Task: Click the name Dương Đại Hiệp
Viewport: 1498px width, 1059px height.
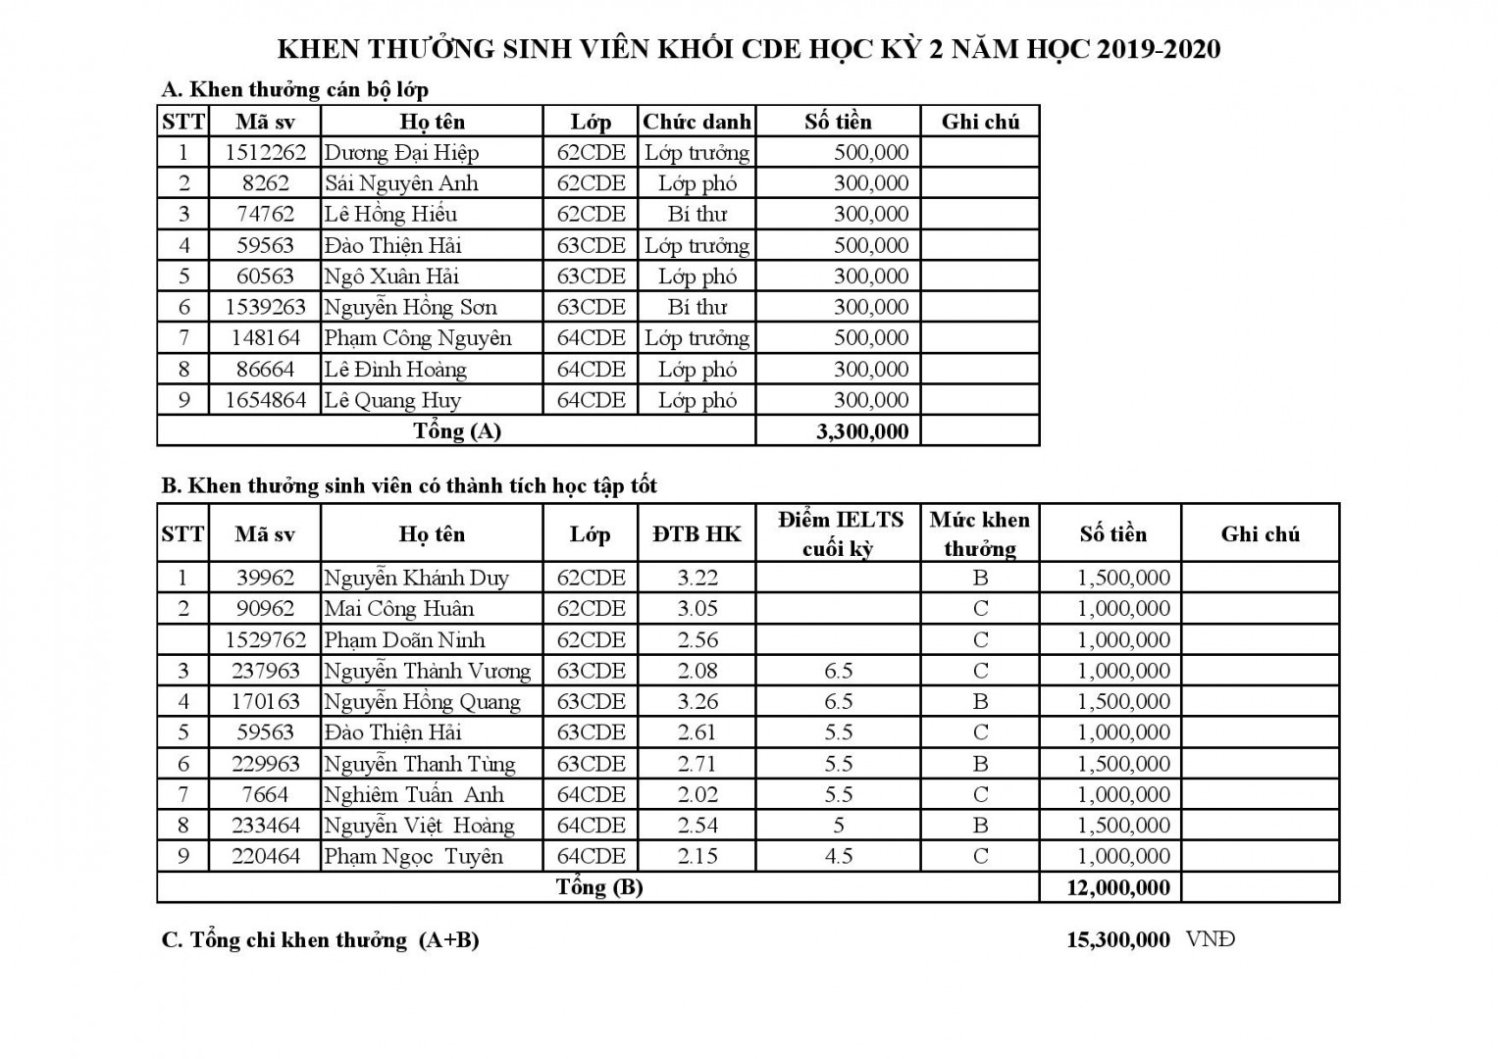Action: (x=401, y=153)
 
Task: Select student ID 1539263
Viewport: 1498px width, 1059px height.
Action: (x=265, y=307)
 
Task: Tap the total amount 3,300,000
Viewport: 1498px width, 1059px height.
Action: (x=862, y=431)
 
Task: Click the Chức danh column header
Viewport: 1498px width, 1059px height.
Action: (x=697, y=122)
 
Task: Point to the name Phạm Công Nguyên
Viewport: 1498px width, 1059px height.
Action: (x=418, y=338)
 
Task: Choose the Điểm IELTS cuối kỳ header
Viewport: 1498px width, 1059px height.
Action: (x=839, y=533)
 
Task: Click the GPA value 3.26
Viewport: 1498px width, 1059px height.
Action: (x=697, y=702)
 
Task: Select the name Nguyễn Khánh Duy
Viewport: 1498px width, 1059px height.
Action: (x=416, y=578)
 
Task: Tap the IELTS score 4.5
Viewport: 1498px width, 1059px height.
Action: (x=839, y=856)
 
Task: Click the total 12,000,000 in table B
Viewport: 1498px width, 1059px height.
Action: (x=1118, y=888)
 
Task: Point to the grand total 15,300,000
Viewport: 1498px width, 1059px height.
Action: (x=1118, y=939)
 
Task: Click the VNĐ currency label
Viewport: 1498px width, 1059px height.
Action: (x=1210, y=939)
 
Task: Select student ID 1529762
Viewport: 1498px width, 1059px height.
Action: (x=265, y=640)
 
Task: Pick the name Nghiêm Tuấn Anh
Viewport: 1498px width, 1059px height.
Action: (x=413, y=794)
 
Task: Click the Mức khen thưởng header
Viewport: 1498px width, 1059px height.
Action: (x=979, y=533)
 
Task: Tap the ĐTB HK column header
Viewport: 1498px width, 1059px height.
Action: (x=697, y=534)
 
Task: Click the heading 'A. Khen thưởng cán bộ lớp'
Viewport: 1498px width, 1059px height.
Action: (x=294, y=90)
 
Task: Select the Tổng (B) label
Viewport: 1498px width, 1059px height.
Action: (x=599, y=887)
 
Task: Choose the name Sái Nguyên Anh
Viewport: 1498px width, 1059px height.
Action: (x=401, y=183)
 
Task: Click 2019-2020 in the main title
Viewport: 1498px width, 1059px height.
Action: (x=1159, y=49)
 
